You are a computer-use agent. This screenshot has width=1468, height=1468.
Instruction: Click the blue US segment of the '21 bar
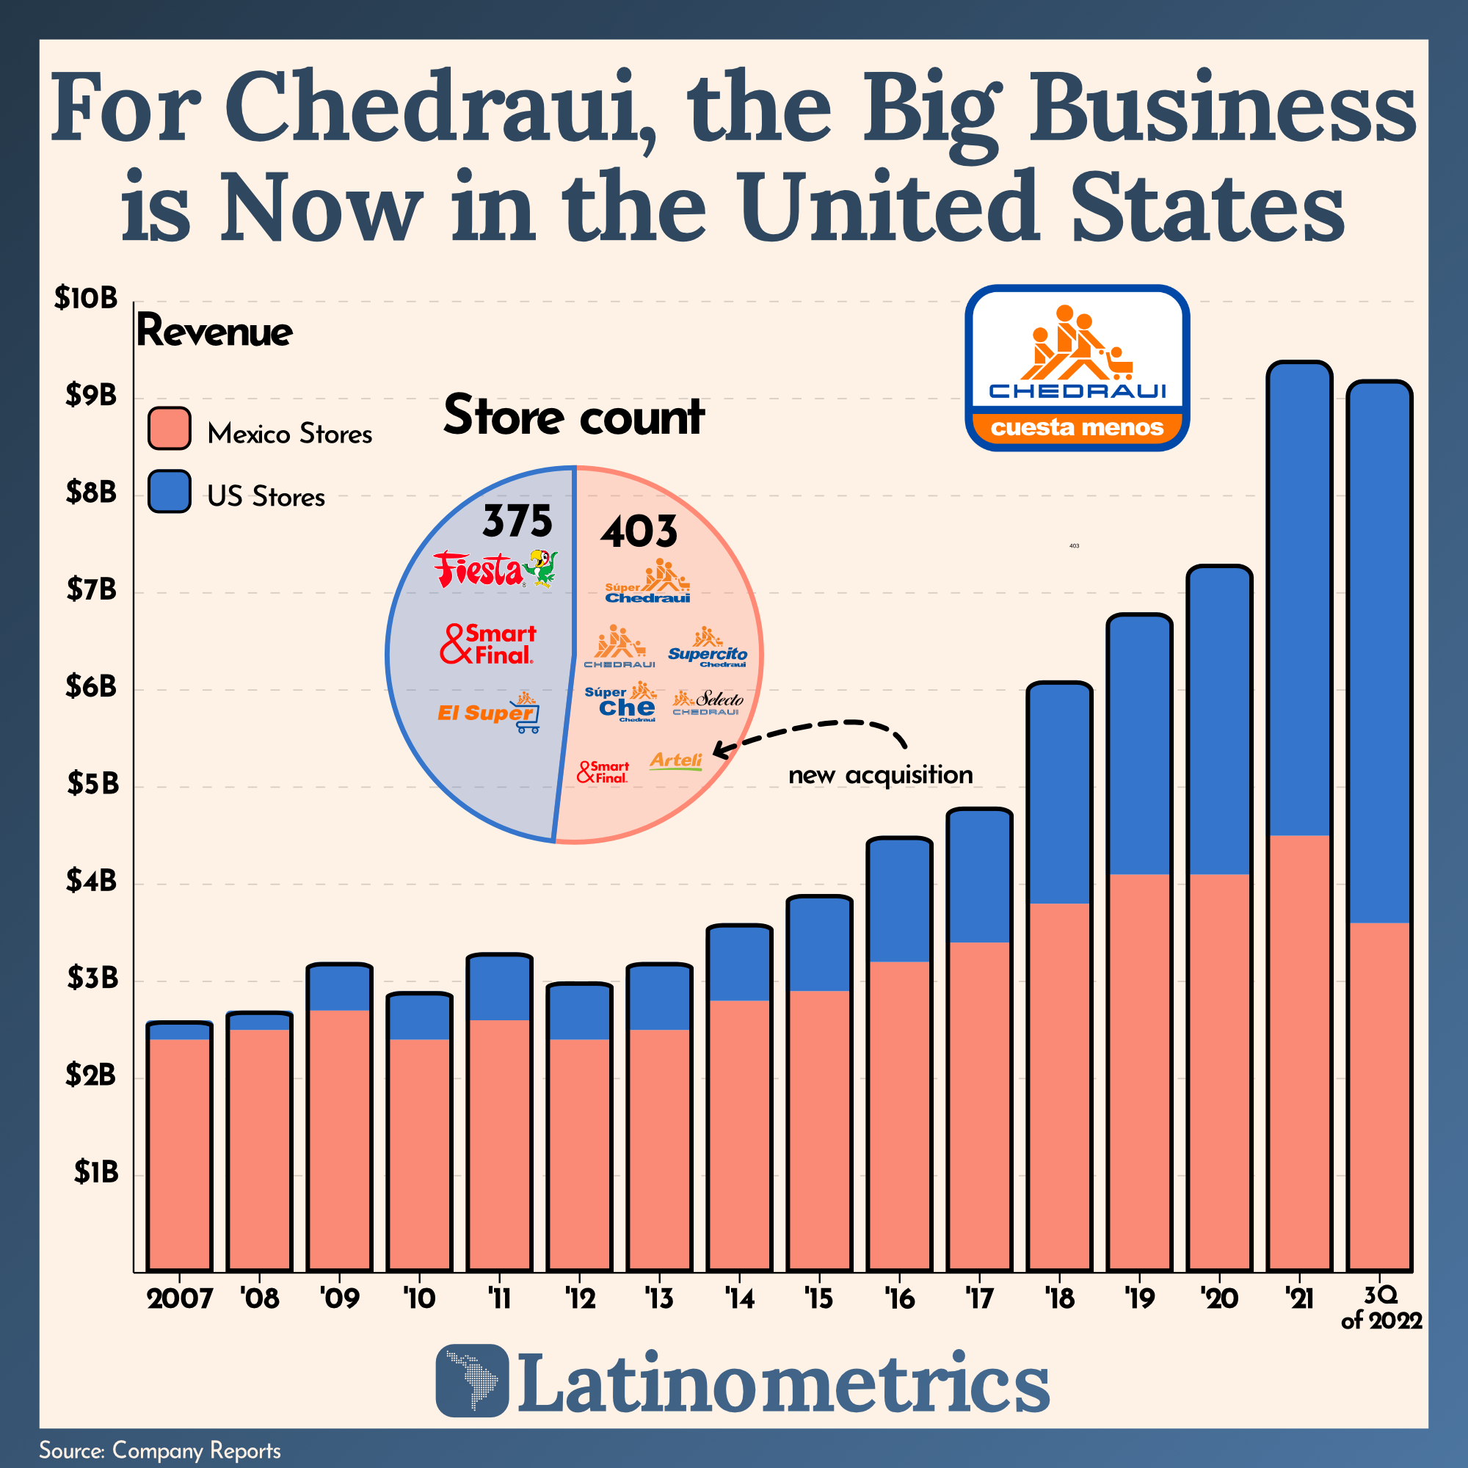[1299, 600]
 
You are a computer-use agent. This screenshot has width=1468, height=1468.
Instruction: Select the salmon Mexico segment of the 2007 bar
[179, 1155]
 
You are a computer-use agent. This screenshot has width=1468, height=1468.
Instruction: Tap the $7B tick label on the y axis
[91, 589]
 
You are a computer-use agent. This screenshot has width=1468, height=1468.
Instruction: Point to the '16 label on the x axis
[899, 1298]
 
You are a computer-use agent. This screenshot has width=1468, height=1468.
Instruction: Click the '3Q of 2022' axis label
[1381, 1308]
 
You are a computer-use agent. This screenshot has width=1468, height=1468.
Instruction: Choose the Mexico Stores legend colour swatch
[170, 429]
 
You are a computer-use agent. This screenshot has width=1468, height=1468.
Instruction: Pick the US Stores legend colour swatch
[170, 492]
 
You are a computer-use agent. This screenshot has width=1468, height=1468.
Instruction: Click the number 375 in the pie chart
[517, 521]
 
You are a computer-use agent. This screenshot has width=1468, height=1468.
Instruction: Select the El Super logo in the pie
[489, 712]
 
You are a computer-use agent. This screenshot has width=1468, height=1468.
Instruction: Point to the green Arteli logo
[675, 760]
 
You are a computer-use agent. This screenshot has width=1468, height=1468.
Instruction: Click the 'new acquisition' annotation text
[881, 775]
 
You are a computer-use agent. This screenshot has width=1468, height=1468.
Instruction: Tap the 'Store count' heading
[574, 416]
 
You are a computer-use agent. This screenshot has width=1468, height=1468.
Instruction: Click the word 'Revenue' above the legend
[214, 331]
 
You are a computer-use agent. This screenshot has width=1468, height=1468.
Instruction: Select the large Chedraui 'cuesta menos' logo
[1077, 368]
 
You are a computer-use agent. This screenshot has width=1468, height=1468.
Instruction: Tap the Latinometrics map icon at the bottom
[472, 1381]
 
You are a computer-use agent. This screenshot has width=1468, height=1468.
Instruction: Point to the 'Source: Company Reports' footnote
[160, 1450]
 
